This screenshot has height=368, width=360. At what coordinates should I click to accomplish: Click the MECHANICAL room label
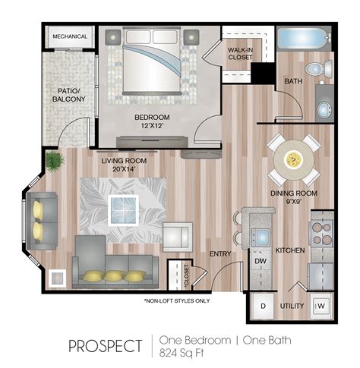[x=70, y=36]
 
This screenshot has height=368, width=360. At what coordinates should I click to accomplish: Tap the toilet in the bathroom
[x=319, y=68]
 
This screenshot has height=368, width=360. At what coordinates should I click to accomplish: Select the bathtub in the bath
[x=302, y=39]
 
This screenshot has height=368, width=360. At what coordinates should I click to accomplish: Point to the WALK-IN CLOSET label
[x=240, y=54]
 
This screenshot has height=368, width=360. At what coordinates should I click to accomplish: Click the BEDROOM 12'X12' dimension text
[x=152, y=121]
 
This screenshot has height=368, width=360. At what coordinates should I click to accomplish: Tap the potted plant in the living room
[x=54, y=161]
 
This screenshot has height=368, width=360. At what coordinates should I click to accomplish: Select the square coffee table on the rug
[x=123, y=210]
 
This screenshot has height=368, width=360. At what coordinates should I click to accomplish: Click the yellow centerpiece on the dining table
[x=293, y=159]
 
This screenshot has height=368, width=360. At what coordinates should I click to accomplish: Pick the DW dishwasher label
[x=261, y=261]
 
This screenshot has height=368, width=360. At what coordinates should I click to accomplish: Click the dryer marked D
[x=263, y=307]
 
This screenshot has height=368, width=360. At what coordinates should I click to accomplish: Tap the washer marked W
[x=321, y=306]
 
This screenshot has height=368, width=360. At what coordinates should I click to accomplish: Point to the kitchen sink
[x=261, y=237]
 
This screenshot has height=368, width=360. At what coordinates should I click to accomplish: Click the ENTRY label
[x=220, y=253]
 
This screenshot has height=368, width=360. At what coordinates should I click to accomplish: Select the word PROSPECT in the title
[x=106, y=346]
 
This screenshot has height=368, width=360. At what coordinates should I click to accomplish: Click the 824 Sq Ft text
[x=182, y=353]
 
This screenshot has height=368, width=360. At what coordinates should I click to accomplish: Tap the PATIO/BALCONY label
[x=68, y=95]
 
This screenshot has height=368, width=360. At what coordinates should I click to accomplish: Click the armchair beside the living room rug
[x=178, y=237]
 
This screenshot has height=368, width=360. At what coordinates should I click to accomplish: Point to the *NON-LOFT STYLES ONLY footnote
[x=177, y=300]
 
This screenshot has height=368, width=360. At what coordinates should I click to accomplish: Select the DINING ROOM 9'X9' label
[x=294, y=197]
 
